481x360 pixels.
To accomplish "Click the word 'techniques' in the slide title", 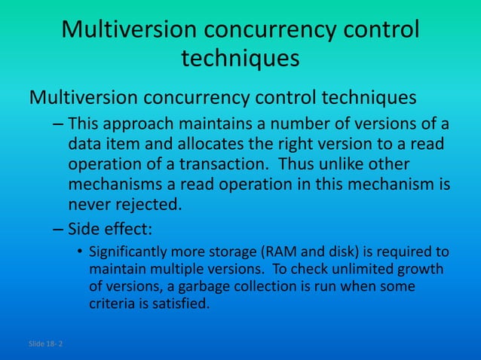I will (240, 59).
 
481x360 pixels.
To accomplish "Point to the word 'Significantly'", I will (130, 252).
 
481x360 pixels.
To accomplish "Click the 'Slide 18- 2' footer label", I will (46, 343).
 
